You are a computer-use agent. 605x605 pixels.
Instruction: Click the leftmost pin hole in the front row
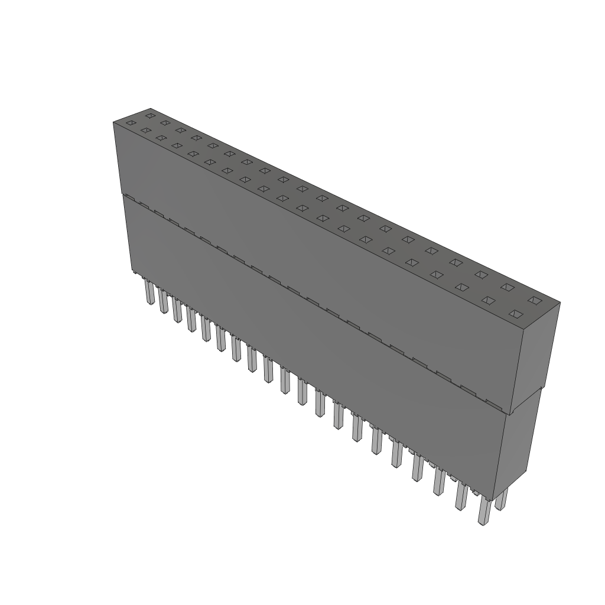[131, 123]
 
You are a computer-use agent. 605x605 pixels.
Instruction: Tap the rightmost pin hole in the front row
[516, 314]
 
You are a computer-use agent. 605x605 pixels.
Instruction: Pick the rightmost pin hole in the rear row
[535, 301]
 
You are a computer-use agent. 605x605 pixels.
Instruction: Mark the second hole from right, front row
[488, 300]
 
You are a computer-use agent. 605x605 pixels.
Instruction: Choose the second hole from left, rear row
[165, 123]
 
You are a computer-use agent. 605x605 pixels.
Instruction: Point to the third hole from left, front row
[160, 138]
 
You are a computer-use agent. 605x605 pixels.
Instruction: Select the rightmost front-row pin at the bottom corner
[484, 510]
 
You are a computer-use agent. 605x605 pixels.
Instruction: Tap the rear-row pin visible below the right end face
[501, 499]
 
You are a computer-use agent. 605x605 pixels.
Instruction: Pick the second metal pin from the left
[163, 301]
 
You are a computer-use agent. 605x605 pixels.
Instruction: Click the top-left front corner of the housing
[113, 122]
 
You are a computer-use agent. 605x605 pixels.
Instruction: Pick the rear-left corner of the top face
[150, 109]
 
